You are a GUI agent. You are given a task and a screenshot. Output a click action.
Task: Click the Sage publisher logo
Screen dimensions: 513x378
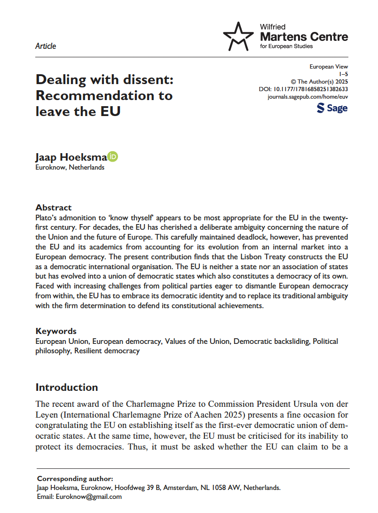pos(332,109)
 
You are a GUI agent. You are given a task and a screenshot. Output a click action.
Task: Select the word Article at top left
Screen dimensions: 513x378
pos(46,46)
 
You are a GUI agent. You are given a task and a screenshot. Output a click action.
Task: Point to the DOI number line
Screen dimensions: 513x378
pos(303,89)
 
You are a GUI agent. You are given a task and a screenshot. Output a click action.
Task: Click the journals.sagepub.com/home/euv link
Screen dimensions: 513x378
pos(307,97)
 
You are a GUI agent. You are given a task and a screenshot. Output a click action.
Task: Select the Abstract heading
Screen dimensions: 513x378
pos(54,207)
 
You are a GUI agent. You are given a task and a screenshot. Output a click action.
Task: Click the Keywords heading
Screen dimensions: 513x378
pos(56,331)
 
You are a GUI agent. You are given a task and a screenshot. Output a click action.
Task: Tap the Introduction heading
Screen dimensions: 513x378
pos(67,388)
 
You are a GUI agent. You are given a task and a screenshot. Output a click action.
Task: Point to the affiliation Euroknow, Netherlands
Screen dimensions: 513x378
pos(70,167)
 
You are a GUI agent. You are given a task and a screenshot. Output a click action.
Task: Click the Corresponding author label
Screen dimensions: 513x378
pos(75,479)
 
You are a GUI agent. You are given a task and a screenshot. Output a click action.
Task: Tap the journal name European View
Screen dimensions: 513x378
pos(329,67)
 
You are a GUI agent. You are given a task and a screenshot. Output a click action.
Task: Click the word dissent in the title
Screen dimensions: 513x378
pos(150,79)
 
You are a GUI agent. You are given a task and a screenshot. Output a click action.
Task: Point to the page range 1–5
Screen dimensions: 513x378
pos(344,74)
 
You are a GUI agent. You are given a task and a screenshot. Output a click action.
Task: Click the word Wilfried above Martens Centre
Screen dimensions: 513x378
pos(273,27)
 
